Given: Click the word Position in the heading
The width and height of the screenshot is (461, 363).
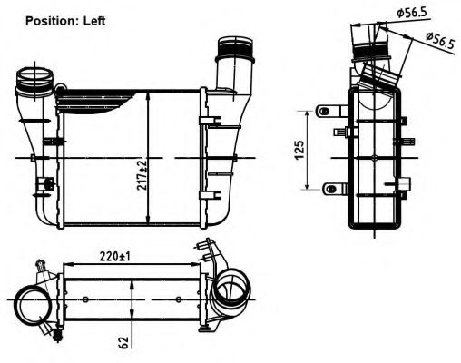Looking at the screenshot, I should pos(52,20).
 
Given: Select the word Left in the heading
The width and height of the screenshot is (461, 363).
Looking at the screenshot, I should pos(95,20).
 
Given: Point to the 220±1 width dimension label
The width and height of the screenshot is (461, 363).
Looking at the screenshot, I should pos(115,255).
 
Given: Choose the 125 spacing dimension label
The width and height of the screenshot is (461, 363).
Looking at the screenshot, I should pos(300,150).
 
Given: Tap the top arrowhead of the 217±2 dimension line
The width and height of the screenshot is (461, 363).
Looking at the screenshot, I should pos(148,94).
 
